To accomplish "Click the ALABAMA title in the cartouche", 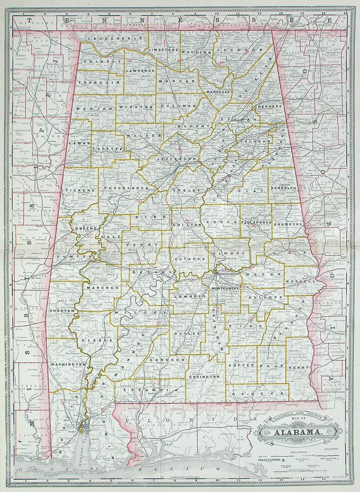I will coord(299,433).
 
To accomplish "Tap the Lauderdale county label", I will coord(106,38).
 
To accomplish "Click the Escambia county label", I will coord(147,390).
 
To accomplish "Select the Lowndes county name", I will coord(189,297).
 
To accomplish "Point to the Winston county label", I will coord(135,106).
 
